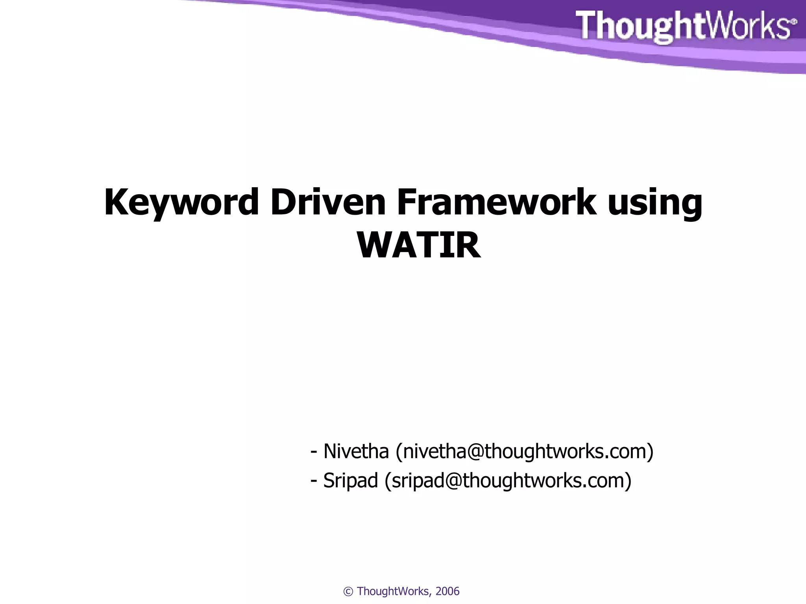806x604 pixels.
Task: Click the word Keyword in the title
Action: click(181, 203)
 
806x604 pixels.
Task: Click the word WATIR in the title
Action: click(419, 245)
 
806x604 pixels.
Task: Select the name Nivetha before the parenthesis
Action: click(356, 451)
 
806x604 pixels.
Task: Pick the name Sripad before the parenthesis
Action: click(350, 481)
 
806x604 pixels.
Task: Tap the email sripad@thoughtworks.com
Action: click(508, 481)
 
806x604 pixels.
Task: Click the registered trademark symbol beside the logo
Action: click(794, 22)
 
